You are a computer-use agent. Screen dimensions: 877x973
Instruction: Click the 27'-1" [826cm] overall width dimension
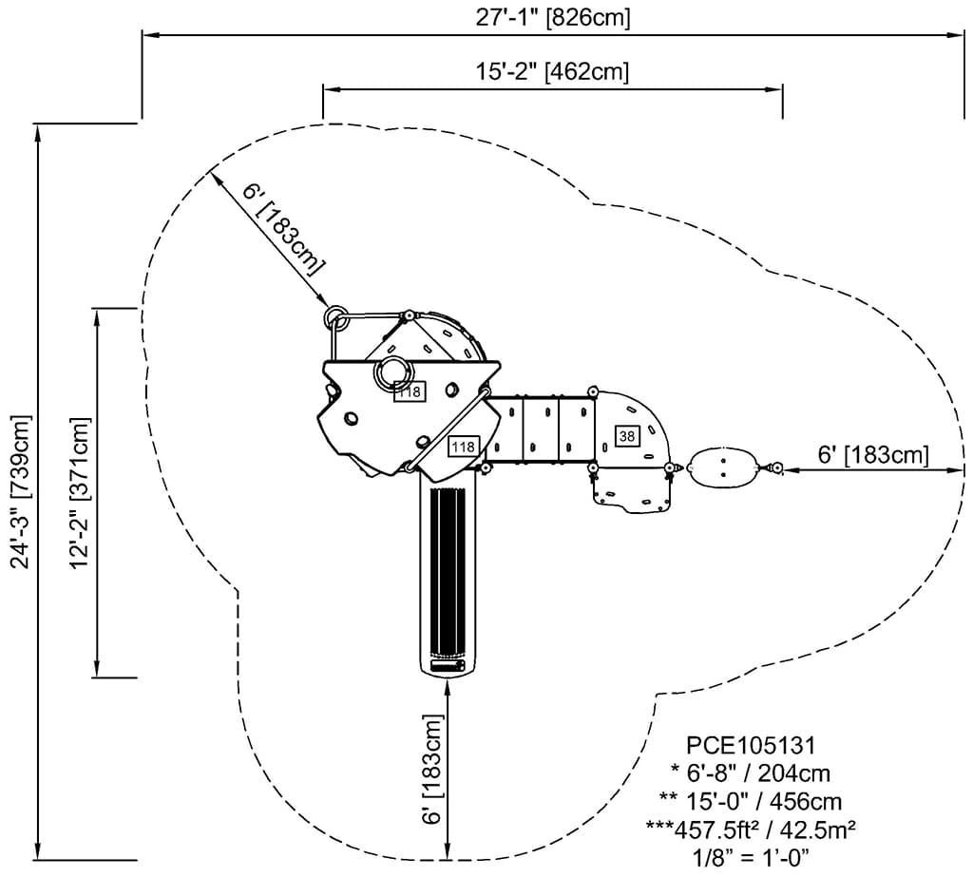click(551, 17)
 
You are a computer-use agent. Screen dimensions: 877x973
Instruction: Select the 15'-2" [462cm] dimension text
click(551, 71)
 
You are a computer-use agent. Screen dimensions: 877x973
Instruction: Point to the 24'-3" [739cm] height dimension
click(21, 491)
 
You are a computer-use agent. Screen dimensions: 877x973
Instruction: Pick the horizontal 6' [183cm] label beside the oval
click(872, 455)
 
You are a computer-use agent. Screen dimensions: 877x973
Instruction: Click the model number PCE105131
click(751, 742)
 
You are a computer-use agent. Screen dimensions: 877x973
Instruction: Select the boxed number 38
click(627, 436)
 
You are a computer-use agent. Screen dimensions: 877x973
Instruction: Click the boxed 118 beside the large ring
click(410, 391)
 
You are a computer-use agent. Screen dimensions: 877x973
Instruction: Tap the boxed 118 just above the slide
click(463, 446)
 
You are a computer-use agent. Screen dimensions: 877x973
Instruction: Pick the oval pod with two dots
click(724, 467)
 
